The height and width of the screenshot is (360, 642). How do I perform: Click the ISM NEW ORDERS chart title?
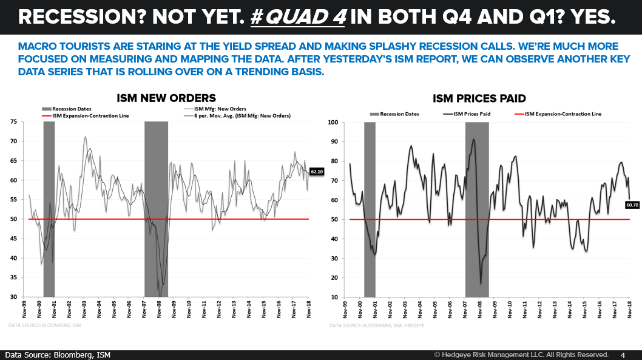pos(166,98)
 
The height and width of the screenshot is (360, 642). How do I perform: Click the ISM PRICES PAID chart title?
pos(479,98)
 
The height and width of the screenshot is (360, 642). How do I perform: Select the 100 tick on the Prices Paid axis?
pos(333,122)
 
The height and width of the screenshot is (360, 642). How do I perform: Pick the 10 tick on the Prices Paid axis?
pos(335,297)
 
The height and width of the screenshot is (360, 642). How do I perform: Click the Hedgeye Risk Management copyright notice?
pos(521,355)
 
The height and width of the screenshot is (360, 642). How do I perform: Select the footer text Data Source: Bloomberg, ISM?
pos(58,355)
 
